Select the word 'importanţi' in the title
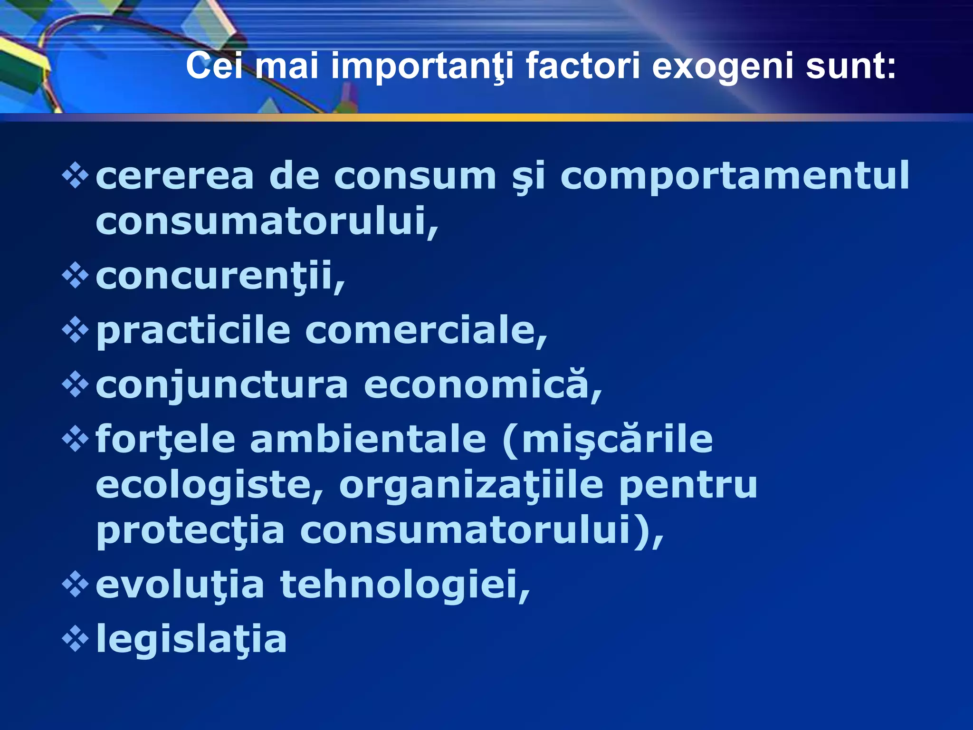[x=422, y=67]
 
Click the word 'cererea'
[x=175, y=176]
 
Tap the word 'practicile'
[x=193, y=331]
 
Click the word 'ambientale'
[x=368, y=439]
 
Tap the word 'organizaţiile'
[x=471, y=486]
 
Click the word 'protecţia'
[x=190, y=531]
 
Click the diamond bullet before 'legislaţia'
[x=75, y=638]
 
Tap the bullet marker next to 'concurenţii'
[x=75, y=276]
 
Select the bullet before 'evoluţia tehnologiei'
[x=75, y=584]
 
